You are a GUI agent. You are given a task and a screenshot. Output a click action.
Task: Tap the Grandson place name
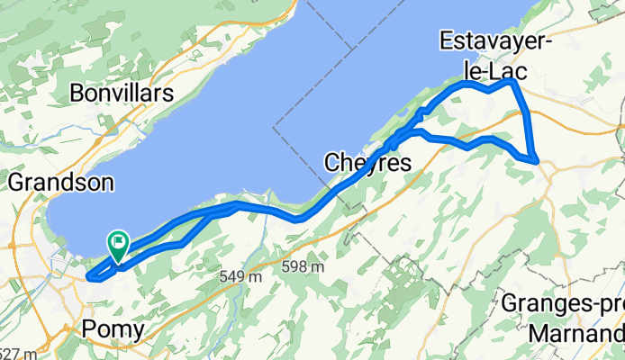[61, 183]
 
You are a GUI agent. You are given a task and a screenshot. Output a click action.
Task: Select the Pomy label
[112, 330]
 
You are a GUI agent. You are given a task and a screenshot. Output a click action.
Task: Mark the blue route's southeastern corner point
[537, 161]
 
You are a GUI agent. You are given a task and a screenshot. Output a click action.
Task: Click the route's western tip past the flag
[88, 274]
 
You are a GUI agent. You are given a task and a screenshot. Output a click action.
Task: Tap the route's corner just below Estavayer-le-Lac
[512, 82]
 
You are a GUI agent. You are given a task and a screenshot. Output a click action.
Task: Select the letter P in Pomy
[88, 330]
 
